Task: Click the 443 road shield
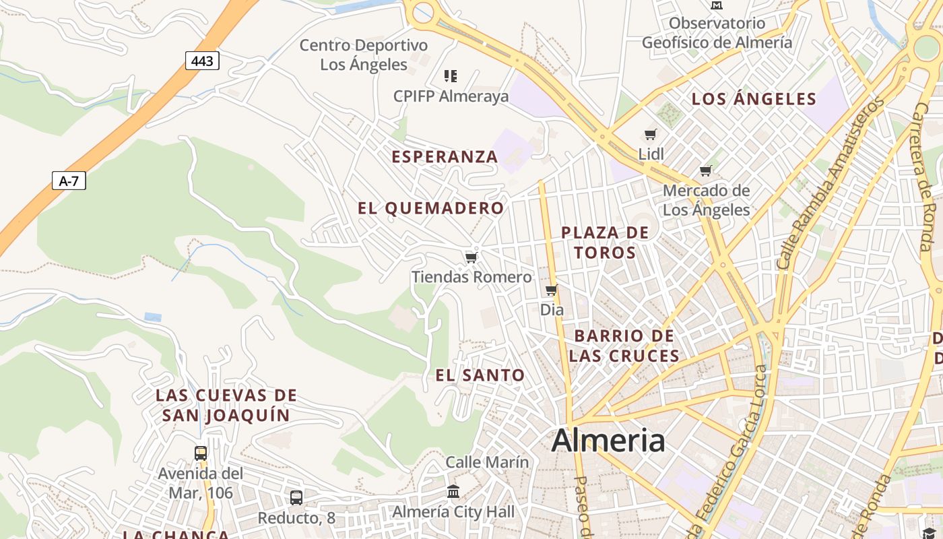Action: [202, 61]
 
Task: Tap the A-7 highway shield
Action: [69, 181]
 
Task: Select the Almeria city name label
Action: [608, 441]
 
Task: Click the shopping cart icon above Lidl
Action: [651, 134]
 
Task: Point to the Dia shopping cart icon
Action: [552, 290]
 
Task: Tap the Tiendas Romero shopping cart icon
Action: [471, 257]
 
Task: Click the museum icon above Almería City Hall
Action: [453, 492]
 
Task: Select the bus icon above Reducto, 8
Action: [296, 498]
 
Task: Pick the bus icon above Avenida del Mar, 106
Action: [201, 453]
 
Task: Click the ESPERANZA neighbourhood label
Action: [445, 157]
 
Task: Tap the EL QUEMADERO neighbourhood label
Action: [431, 209]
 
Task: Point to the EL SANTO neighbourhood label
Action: [480, 376]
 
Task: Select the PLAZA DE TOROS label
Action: [605, 243]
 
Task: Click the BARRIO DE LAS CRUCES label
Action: [624, 346]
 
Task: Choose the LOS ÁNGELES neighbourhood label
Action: [754, 100]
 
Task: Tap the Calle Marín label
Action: [487, 462]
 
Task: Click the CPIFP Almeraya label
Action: [451, 96]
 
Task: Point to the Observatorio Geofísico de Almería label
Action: [717, 33]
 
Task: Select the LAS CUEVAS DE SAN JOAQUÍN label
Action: [226, 405]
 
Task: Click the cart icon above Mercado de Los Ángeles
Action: [705, 170]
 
